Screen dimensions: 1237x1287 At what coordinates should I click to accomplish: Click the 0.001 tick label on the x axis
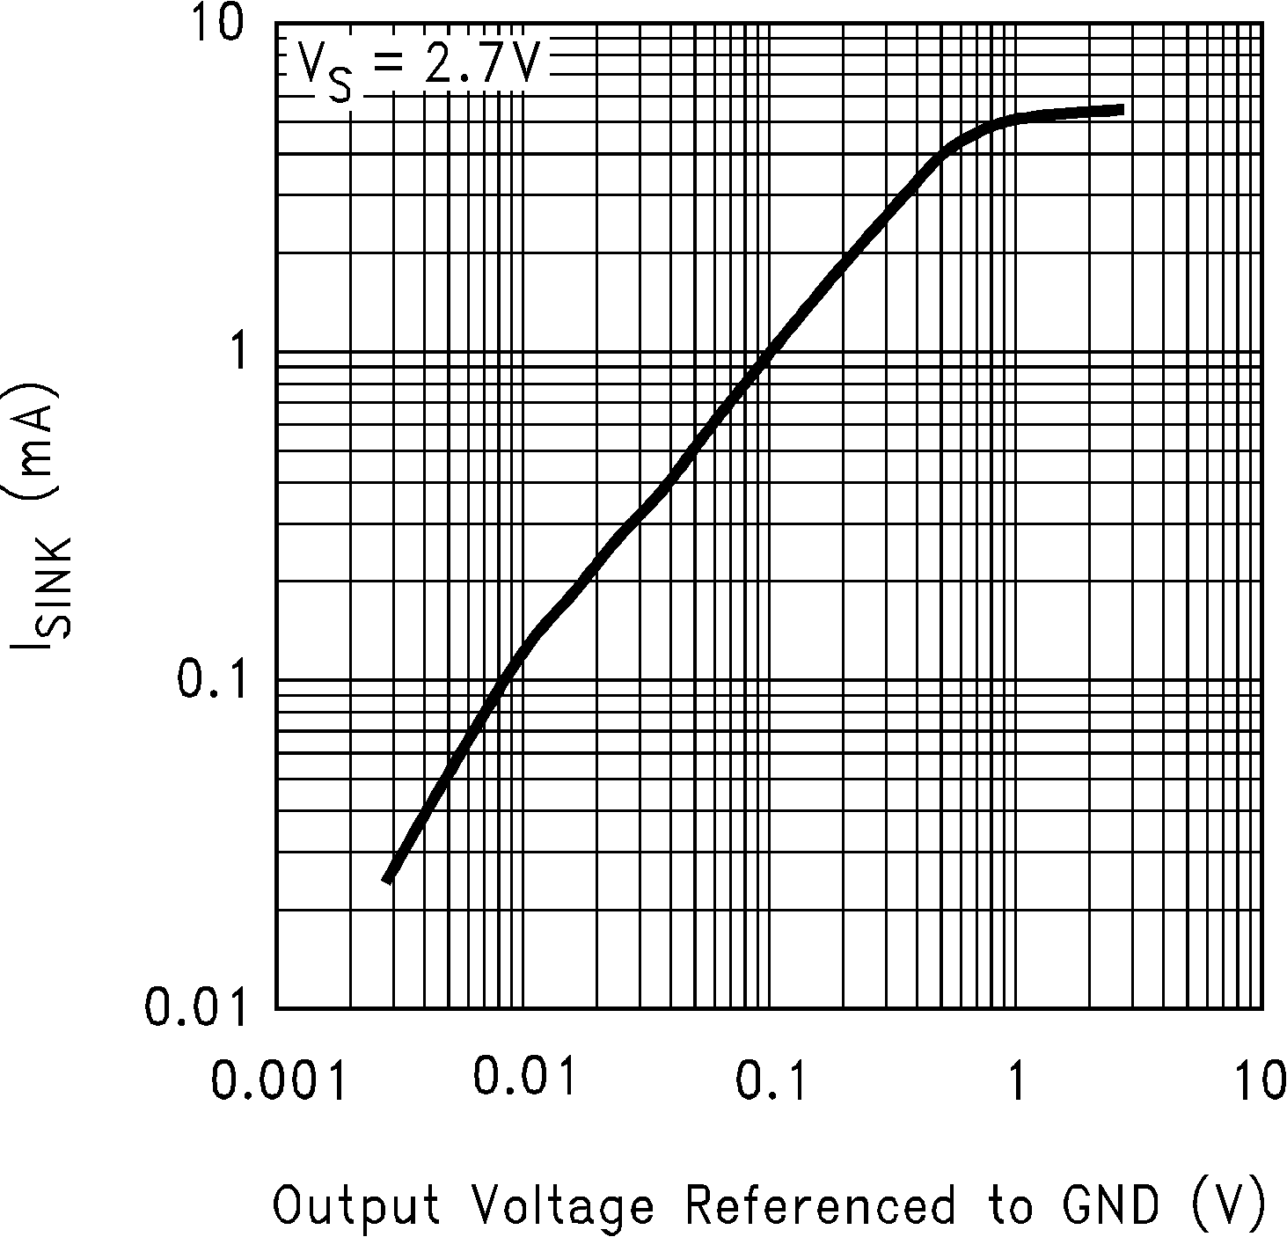(278, 1081)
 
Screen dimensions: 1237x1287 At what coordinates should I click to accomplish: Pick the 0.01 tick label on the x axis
(525, 1077)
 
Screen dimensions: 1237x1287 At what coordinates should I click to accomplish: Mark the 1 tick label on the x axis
(1016, 1081)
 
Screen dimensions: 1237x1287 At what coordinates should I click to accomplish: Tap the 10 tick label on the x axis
(1262, 1081)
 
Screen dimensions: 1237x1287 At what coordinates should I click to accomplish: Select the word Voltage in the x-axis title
(563, 1205)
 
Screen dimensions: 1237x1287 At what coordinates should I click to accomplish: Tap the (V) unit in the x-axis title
(1230, 1205)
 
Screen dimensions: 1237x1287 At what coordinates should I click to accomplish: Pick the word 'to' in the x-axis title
(1010, 1205)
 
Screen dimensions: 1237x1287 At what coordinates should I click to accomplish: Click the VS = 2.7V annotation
(415, 67)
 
